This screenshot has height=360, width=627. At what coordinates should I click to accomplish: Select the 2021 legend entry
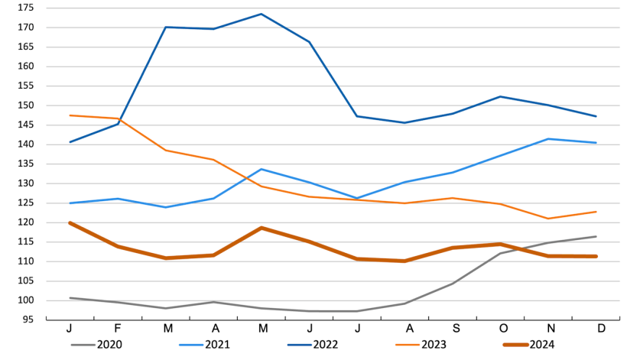point(213,345)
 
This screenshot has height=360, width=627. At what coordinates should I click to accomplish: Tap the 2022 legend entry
point(321,345)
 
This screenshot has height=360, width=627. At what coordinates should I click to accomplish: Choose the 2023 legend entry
point(429,345)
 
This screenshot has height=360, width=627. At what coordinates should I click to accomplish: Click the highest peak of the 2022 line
point(261,14)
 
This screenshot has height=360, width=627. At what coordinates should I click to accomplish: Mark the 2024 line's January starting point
point(70,222)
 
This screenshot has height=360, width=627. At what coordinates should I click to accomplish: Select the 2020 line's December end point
point(595,236)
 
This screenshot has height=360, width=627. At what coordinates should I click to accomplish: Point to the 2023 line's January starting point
point(70,115)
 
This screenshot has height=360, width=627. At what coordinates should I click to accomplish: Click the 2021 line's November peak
point(547,139)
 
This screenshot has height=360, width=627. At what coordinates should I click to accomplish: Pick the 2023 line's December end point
point(595,212)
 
